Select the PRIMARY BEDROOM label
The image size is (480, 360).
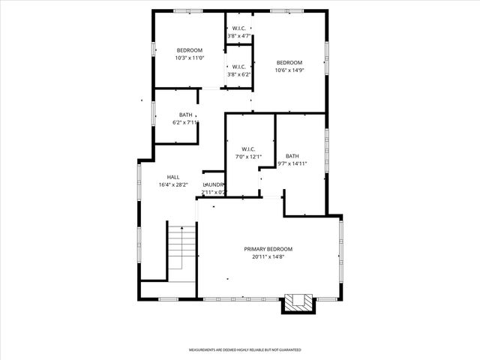point(268,249)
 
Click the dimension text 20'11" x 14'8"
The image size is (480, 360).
point(268,257)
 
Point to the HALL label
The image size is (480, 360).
point(173,177)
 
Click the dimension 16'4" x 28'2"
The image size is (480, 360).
point(173,185)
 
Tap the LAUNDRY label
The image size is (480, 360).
point(214,184)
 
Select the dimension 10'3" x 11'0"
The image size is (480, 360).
point(190,58)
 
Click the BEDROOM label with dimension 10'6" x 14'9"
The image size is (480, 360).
point(289,62)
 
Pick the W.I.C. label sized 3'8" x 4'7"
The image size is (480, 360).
point(238,28)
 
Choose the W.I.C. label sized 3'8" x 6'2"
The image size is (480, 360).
point(238,66)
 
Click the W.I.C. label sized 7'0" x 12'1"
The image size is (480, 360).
point(249,148)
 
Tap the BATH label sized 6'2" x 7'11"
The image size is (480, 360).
point(185,115)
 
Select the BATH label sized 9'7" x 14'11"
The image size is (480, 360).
point(292,155)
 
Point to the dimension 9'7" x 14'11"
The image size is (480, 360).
point(292,163)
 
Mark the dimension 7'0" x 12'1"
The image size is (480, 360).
point(249,157)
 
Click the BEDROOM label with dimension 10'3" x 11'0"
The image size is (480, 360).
point(190,50)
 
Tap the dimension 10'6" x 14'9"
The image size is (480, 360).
point(289,70)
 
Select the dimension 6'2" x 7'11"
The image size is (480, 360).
point(185,123)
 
